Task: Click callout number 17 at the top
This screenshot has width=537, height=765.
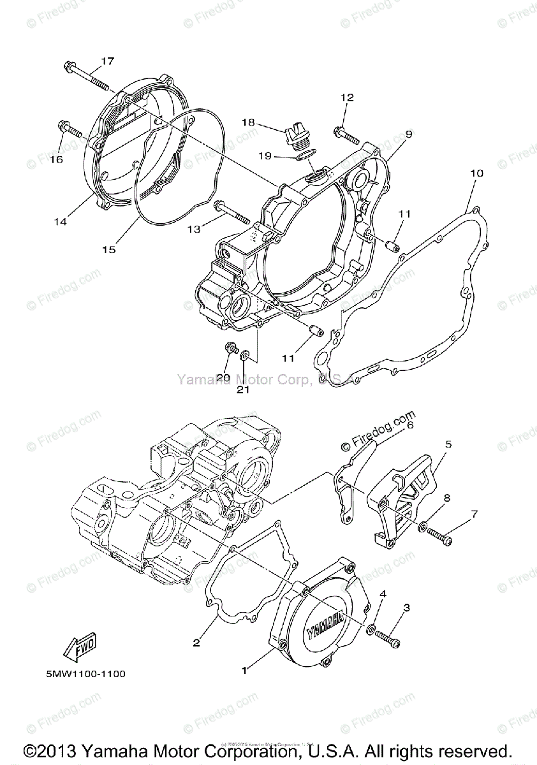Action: (107, 61)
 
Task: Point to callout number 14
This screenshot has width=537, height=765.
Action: (60, 222)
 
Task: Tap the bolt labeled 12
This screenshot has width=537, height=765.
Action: (344, 134)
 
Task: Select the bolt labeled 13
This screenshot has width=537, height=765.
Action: (231, 212)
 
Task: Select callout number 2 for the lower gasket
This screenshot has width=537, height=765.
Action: (196, 643)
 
